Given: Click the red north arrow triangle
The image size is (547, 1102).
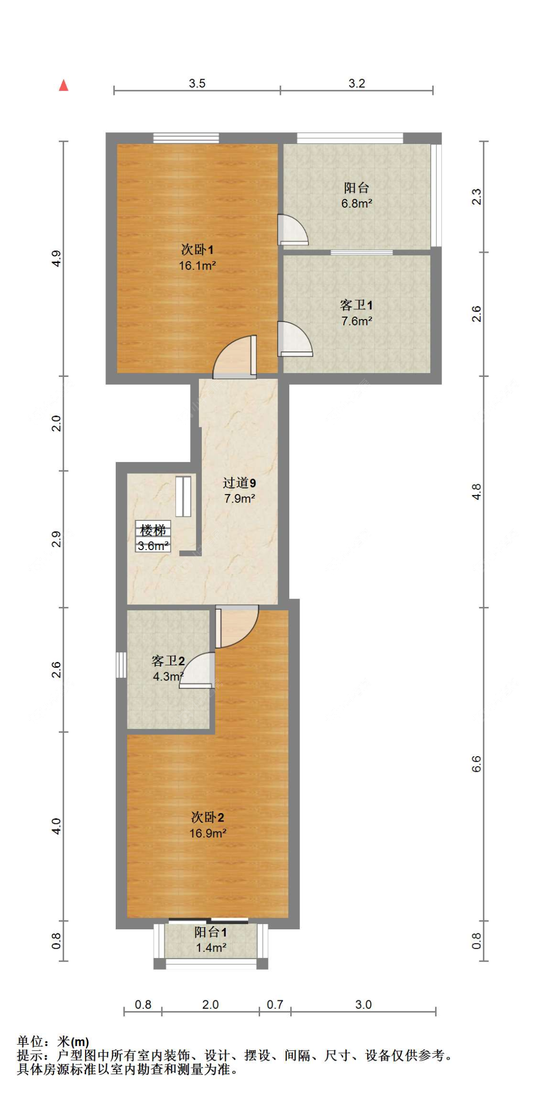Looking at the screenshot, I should (63, 86).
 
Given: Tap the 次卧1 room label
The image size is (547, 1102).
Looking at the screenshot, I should (197, 250).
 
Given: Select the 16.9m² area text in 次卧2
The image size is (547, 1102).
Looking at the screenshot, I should (208, 833).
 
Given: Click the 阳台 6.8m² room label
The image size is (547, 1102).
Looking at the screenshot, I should (356, 188).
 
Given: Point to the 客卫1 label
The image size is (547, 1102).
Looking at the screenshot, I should (356, 305).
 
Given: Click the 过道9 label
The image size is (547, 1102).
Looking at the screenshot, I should (239, 483).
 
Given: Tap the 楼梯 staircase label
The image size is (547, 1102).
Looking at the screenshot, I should (153, 530).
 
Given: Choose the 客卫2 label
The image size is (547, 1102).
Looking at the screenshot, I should (168, 661).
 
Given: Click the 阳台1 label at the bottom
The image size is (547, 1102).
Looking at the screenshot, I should (211, 932).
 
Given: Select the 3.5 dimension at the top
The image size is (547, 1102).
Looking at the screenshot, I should (197, 84).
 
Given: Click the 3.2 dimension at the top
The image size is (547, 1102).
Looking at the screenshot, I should (356, 84).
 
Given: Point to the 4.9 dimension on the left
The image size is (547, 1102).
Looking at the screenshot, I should (57, 258).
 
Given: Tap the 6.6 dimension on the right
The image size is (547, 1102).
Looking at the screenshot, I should (476, 764).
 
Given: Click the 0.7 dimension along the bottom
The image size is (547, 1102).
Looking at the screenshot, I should (275, 1005).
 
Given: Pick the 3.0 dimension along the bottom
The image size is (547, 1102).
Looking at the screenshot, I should (363, 1005).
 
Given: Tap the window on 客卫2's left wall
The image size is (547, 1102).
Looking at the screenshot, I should (121, 665).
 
